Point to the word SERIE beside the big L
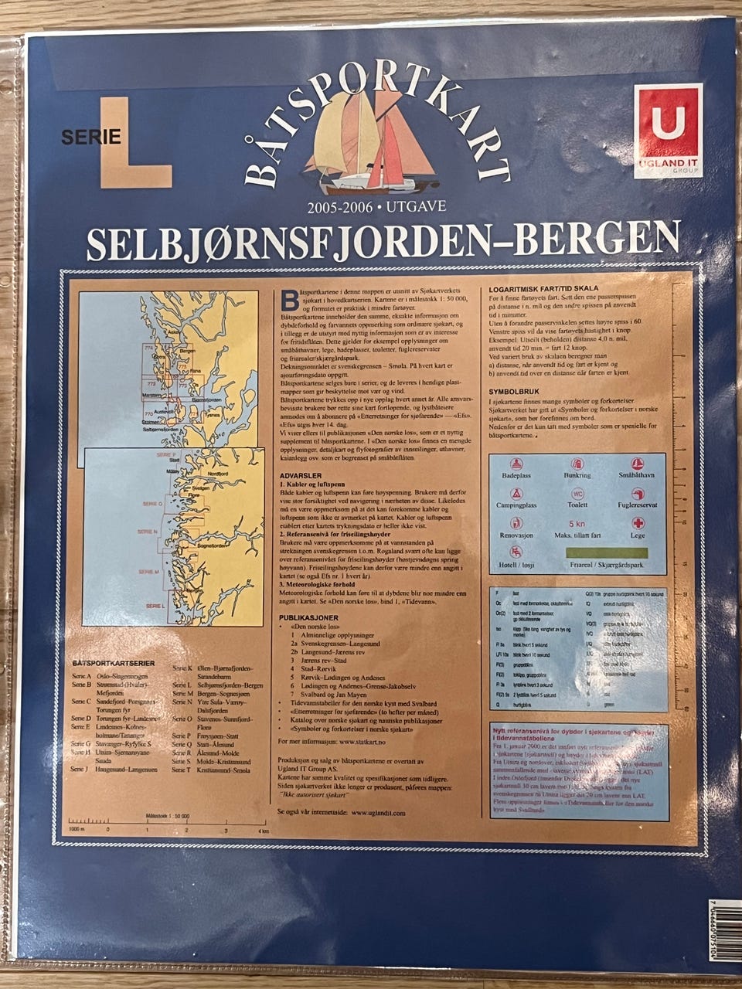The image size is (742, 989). (x=91, y=138)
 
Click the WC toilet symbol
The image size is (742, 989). (x=577, y=494)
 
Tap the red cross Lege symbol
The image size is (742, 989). (x=638, y=523)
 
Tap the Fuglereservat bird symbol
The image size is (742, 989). (x=638, y=494)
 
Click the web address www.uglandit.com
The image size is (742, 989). (x=378, y=812)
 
